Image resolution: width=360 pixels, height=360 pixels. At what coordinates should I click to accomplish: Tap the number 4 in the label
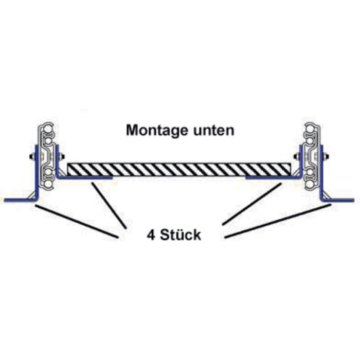[x=151, y=236]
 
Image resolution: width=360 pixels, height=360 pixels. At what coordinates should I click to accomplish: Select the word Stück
[x=181, y=236]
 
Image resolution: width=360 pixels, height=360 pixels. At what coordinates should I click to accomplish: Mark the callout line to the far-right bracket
[x=278, y=221]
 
